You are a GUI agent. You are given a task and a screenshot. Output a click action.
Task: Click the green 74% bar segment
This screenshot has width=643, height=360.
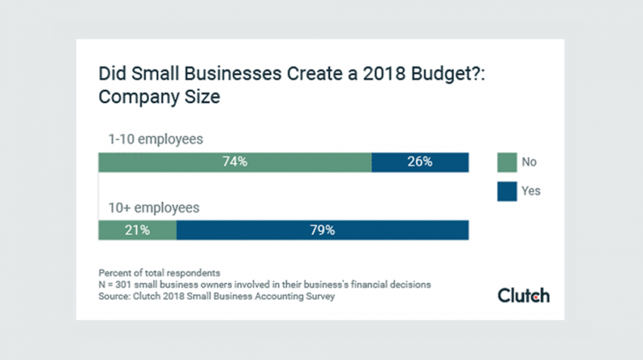pyautogui.click(x=235, y=163)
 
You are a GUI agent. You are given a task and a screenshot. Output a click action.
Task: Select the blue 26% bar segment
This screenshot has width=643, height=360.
pyautogui.click(x=421, y=163)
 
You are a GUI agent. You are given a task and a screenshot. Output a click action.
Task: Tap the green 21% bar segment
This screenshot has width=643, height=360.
pyautogui.click(x=138, y=230)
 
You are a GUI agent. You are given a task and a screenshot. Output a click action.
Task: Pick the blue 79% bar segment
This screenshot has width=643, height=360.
pyautogui.click(x=323, y=230)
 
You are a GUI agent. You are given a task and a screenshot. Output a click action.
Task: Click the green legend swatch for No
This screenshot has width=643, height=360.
pyautogui.click(x=507, y=163)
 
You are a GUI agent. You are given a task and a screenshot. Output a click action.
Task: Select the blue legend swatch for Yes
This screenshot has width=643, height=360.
pyautogui.click(x=507, y=191)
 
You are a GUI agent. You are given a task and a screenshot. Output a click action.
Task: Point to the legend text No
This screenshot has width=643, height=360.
pyautogui.click(x=529, y=162)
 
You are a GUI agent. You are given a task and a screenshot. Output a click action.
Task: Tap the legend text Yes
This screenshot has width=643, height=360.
pyautogui.click(x=531, y=191)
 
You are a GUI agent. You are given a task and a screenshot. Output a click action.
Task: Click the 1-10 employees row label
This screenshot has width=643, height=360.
pyautogui.click(x=155, y=139)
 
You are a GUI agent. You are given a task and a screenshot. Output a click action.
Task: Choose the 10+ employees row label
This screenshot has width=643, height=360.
pyautogui.click(x=154, y=208)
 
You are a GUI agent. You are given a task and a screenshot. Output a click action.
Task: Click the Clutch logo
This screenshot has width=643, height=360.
pyautogui.click(x=523, y=295)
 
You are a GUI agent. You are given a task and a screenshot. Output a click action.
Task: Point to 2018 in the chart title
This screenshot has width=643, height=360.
pyautogui.click(x=384, y=74)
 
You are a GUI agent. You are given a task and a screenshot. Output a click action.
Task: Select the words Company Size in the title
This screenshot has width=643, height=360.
pyautogui.click(x=159, y=97)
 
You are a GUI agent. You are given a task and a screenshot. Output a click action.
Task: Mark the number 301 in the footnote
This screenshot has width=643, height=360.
pyautogui.click(x=123, y=284)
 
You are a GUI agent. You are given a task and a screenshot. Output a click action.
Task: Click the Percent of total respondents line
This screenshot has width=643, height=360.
pyautogui.click(x=159, y=273)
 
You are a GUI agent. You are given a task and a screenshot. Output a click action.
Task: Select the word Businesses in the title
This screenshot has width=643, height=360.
pyautogui.click(x=232, y=74)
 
